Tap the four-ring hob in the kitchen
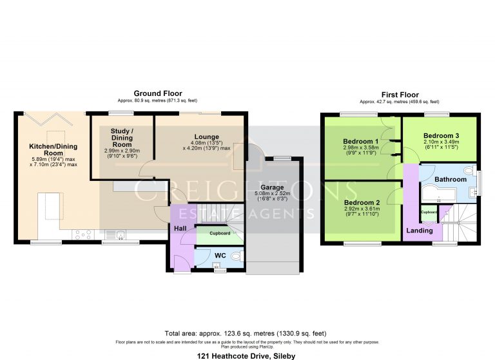pos(82,234)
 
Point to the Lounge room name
pos(206,137)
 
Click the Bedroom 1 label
pos(360,141)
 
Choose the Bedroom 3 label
pos(441,136)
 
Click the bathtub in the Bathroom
pos(434,191)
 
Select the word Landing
pos(418,230)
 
